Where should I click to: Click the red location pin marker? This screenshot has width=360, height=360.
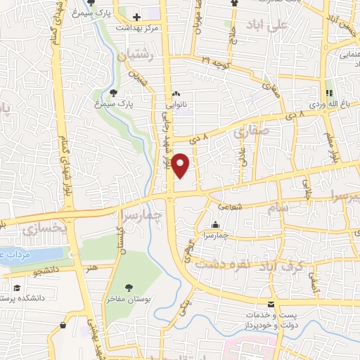click(x=181, y=166)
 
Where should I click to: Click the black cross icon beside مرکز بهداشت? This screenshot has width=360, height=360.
click(x=136, y=15)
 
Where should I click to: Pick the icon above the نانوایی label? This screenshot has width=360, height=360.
click(x=176, y=94)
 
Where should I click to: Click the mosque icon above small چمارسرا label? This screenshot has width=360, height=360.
click(x=215, y=225)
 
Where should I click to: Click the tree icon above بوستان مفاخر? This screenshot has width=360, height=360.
click(x=129, y=287)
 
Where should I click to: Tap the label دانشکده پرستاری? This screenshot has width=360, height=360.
click(x=28, y=297)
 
